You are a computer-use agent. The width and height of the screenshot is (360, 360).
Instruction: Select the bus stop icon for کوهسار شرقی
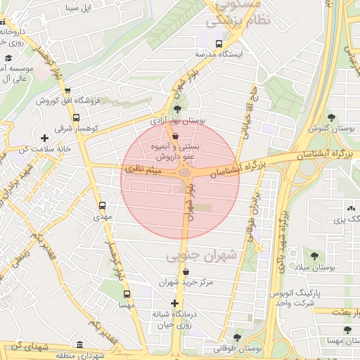pyautogui.click(x=77, y=118)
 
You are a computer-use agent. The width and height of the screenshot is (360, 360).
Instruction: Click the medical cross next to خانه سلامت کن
pyautogui.click(x=45, y=138)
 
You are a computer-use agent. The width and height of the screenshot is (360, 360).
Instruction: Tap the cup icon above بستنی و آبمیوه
pyautogui.click(x=175, y=136)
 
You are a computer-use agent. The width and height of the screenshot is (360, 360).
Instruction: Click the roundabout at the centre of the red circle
pyautogui.click(x=184, y=173)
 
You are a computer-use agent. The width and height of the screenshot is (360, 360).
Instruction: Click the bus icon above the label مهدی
pyautogui.click(x=103, y=206)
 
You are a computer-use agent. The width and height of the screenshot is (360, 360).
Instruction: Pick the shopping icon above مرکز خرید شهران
pyautogui.click(x=186, y=271)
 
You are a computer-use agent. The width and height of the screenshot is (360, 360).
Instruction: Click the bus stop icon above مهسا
pyautogui.click(x=127, y=295)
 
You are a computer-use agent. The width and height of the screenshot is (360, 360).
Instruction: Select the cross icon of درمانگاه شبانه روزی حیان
pyautogui.click(x=175, y=303)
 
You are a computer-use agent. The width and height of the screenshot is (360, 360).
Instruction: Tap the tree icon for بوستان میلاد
pyautogui.click(x=314, y=257)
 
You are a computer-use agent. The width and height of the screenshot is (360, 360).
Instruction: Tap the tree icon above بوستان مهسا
pyautogui.click(x=347, y=329)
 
